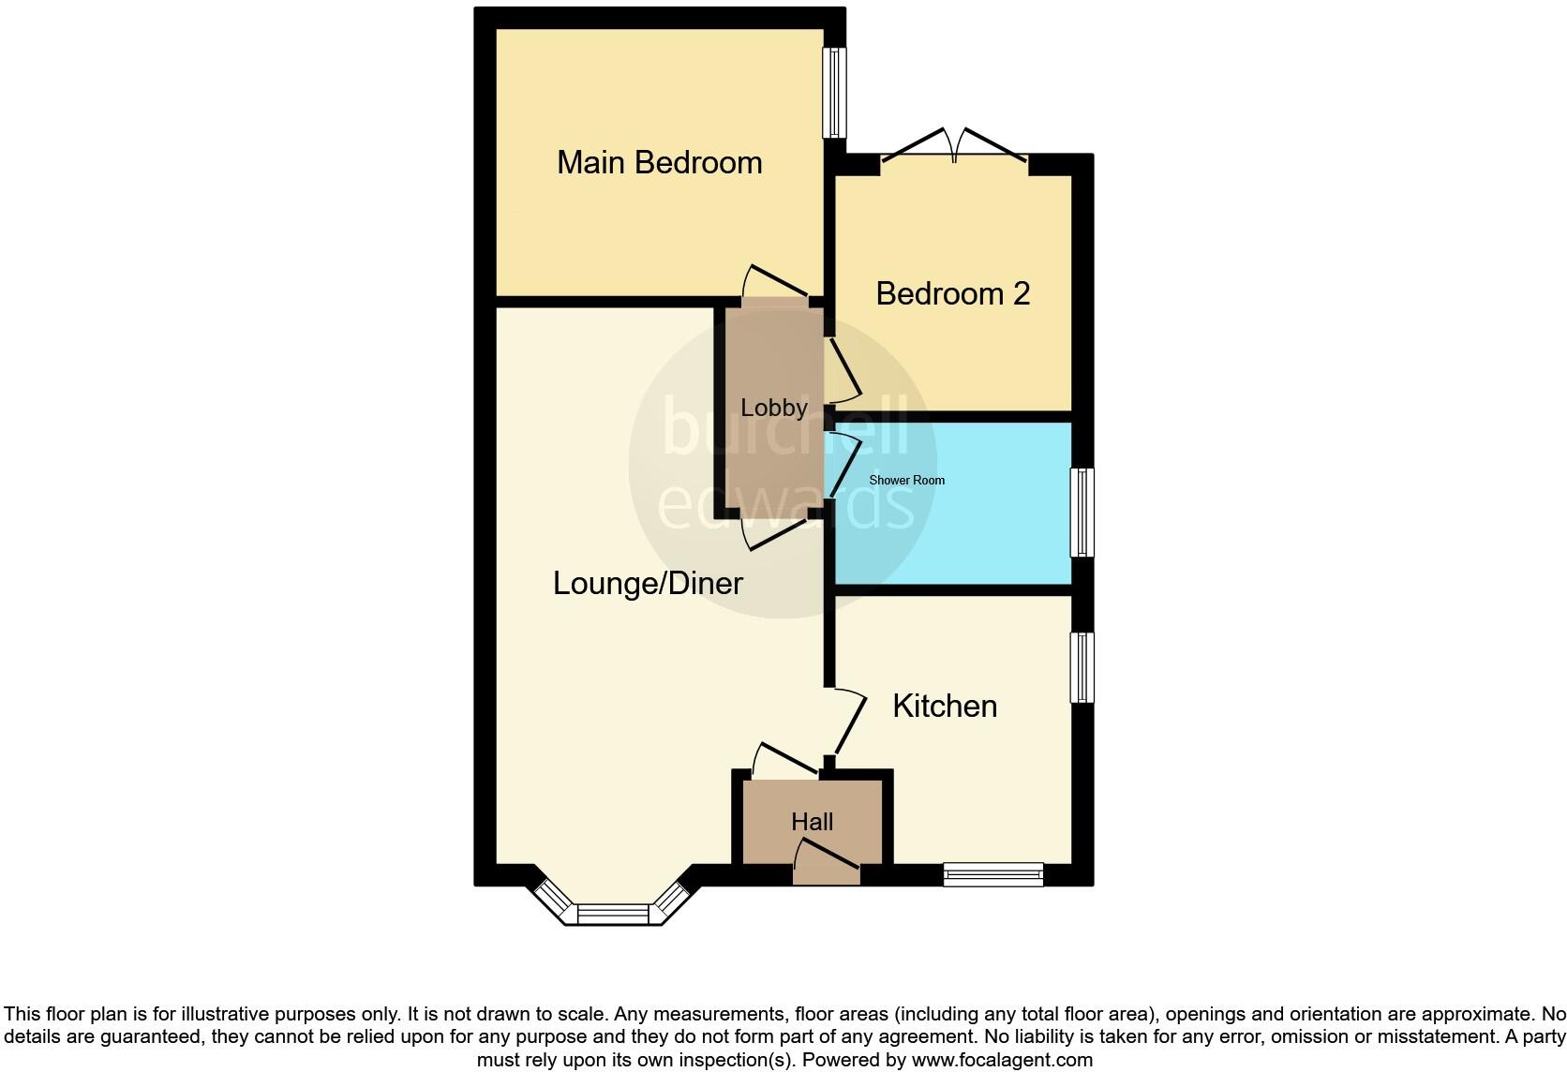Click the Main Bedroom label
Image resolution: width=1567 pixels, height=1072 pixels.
pos(659,162)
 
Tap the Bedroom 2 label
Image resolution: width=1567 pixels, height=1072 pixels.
pos(952,293)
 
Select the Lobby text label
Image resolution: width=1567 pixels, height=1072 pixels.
pos(773,408)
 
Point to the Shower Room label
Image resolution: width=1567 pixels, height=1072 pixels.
pos(906,480)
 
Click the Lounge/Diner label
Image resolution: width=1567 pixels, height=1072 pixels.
pos(648,583)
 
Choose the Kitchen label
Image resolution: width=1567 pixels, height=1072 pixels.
pos(944,706)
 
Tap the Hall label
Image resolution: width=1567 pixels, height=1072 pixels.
pos(812,822)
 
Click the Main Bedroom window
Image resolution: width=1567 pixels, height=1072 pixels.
pos(834,93)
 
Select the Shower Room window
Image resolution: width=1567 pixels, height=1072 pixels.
pos(1082,513)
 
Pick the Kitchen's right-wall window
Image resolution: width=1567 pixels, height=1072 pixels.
pos(1082,667)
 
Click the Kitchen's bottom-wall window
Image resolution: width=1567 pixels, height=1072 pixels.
pos(993,875)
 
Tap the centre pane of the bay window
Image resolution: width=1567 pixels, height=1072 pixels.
pos(613,914)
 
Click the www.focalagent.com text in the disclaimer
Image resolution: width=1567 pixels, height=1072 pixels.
pos(1001,1060)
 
